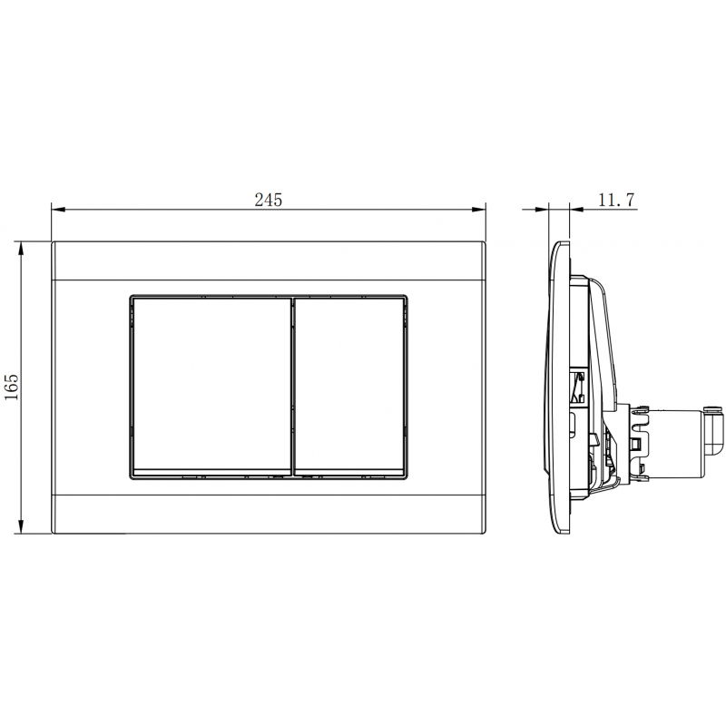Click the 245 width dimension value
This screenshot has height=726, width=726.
269,200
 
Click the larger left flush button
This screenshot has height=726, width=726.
211,386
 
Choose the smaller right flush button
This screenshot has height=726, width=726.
349,386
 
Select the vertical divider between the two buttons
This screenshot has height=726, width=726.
293,386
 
